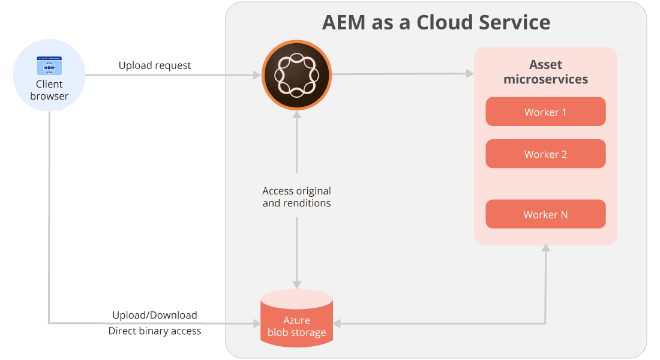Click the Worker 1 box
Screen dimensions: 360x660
[545, 112]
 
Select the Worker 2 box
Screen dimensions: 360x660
[545, 154]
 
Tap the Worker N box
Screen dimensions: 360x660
[545, 214]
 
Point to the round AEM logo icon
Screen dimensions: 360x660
[296, 74]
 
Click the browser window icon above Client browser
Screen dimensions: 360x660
[49, 65]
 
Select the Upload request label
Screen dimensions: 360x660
[155, 65]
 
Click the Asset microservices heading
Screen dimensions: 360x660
[545, 72]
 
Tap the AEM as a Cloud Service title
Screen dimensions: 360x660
[436, 23]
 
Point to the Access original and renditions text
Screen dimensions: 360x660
[296, 197]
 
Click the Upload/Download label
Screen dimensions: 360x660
[155, 315]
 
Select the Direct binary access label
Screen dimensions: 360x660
[155, 331]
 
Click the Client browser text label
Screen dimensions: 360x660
[49, 90]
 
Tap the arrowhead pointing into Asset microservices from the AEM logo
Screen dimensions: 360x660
[469, 74]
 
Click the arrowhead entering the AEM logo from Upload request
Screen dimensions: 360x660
[257, 75]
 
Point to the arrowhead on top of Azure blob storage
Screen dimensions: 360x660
[296, 284]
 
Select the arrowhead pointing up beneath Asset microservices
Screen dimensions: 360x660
[545, 248]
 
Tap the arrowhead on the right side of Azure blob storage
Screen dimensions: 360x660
[337, 323]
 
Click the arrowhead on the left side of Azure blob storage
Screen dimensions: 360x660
[256, 323]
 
